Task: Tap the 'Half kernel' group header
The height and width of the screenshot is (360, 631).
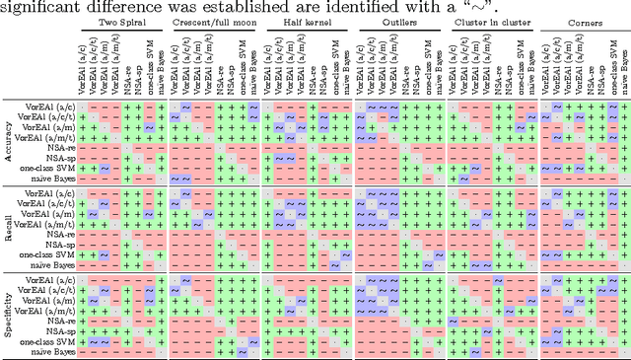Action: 308,20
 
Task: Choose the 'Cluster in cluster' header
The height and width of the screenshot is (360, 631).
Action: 491,20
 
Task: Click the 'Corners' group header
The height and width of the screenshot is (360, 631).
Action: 586,20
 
